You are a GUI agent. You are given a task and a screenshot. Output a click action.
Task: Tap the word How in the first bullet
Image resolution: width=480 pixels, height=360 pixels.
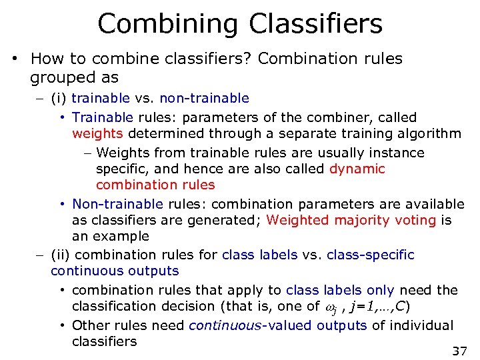45,59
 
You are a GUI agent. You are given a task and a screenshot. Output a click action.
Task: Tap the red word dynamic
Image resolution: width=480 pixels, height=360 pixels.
357,169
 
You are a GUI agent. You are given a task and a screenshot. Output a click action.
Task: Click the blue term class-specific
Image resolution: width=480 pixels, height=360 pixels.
370,255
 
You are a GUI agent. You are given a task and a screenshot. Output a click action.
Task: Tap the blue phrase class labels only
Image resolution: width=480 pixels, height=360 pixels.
340,290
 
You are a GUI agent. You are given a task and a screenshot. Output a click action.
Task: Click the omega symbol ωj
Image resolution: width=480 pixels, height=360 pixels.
331,307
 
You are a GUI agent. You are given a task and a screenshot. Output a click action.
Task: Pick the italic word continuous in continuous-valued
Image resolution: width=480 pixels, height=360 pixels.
217,325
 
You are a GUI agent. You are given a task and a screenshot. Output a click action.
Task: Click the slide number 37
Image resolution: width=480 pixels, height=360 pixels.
459,351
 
